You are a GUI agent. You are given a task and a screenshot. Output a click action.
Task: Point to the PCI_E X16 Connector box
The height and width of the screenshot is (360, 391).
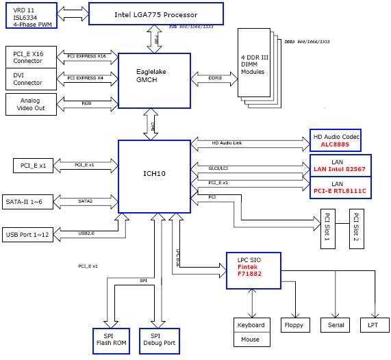point(28,55)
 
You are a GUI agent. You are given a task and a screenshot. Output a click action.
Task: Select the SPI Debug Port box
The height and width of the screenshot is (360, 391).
point(157,339)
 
